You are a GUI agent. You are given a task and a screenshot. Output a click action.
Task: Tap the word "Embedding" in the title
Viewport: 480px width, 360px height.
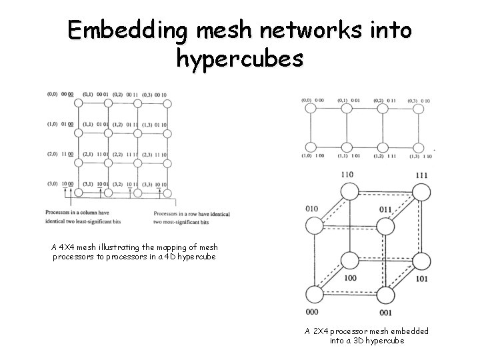[x=126, y=30]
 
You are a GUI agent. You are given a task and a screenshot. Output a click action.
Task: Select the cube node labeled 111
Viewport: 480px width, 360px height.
[x=421, y=193]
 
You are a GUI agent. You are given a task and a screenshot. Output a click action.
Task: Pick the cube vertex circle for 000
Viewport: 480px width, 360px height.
[x=312, y=293]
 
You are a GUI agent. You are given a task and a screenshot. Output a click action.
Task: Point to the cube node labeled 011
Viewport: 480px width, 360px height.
[x=383, y=227]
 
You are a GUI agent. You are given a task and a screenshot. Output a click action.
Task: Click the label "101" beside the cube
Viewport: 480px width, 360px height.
[x=421, y=278]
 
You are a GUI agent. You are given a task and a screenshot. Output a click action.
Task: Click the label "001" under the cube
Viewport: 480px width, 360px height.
[x=385, y=313]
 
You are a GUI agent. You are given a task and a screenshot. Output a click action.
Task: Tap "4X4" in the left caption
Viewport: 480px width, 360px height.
[x=69, y=247]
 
